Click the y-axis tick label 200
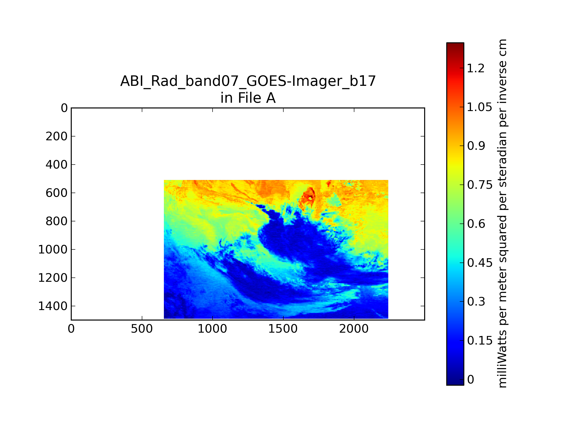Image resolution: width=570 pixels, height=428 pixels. pos(57,136)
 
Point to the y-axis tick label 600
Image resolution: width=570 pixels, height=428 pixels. pos(57,193)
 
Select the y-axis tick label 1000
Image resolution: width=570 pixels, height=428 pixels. pos(53,249)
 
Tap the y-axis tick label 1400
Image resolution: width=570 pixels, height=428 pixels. pos(53,306)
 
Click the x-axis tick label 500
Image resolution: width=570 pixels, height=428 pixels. pos(142,329)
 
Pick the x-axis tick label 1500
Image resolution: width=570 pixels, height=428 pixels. pos(283,329)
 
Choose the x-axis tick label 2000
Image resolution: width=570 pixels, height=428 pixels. pos(354,329)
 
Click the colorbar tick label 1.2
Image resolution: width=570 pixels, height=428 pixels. pos(476,68)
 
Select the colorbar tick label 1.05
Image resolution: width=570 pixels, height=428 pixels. pos(480,107)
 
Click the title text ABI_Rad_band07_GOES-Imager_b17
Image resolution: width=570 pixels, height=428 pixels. pos(248,81)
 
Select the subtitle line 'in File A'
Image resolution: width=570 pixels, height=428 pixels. pos(248,98)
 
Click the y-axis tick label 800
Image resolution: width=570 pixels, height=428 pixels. pos(57,221)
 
